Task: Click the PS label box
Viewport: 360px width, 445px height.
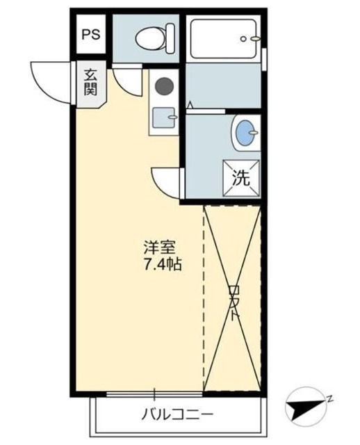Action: pos(91,34)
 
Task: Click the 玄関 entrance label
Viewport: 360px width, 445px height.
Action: pos(91,82)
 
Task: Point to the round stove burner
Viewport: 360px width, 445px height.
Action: pos(164,86)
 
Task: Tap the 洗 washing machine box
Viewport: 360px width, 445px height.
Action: pos(240,177)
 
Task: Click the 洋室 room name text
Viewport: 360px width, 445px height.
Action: pos(160,248)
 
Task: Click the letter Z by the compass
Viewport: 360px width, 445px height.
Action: pos(331,398)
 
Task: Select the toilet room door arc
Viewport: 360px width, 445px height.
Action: pos(126,80)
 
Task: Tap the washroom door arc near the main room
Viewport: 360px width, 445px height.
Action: pos(167,182)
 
